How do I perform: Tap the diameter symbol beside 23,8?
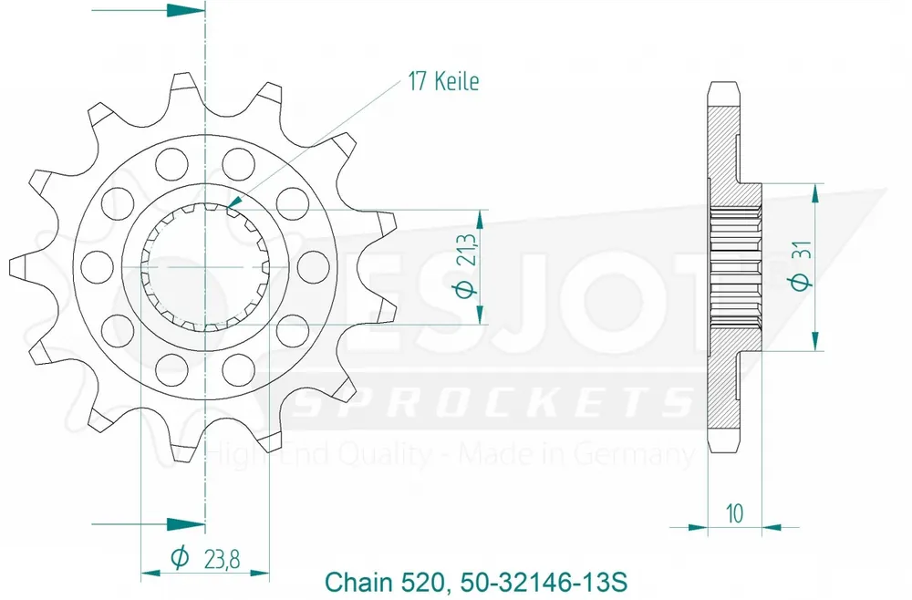click(180, 556)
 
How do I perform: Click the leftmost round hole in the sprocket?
click(92, 266)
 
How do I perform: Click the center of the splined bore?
click(205, 266)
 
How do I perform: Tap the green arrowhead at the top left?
click(186, 11)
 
